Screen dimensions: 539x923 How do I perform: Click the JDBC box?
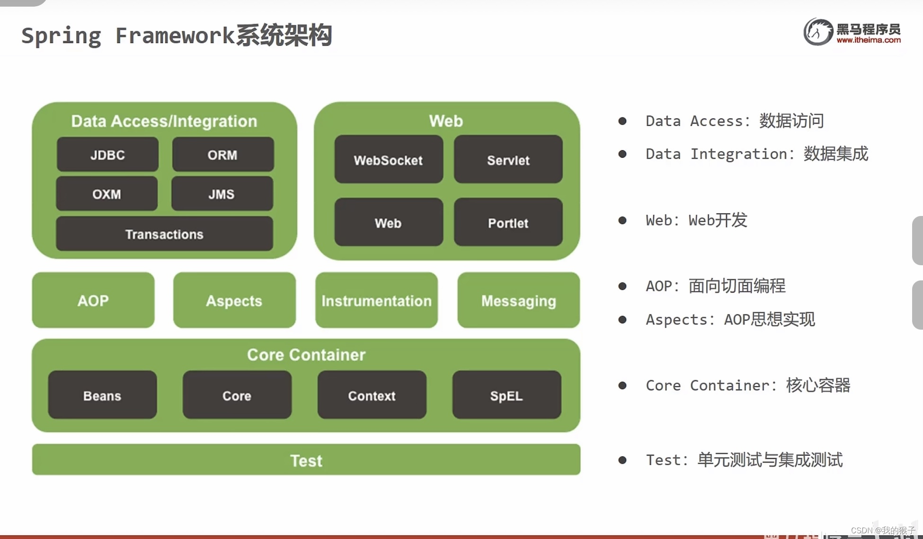coord(107,154)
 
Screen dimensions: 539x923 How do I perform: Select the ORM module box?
coord(222,154)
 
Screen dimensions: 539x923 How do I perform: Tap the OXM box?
coord(106,194)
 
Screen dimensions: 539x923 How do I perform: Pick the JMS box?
coord(222,194)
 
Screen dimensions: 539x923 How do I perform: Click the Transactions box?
coord(164,234)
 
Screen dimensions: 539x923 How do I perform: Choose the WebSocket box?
coord(388,160)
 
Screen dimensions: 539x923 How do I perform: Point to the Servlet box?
coord(508,160)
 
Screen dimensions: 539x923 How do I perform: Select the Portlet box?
coord(508,223)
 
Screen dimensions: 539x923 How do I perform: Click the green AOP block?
coord(93,300)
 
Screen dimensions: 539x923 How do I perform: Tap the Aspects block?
coord(234,300)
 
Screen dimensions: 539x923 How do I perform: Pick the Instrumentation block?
coord(376,300)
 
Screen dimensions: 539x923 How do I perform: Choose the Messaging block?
coord(518,300)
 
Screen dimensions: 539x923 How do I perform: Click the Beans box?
coord(102,395)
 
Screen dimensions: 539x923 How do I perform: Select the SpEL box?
coord(506,395)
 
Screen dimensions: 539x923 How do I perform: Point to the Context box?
coord(372,395)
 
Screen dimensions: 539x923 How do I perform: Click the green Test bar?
coord(306,460)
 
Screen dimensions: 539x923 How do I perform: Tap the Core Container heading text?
coord(306,355)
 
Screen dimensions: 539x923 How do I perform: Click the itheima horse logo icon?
coord(817,32)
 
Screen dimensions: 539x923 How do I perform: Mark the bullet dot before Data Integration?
coord(622,154)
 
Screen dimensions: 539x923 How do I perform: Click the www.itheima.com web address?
coord(869,40)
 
